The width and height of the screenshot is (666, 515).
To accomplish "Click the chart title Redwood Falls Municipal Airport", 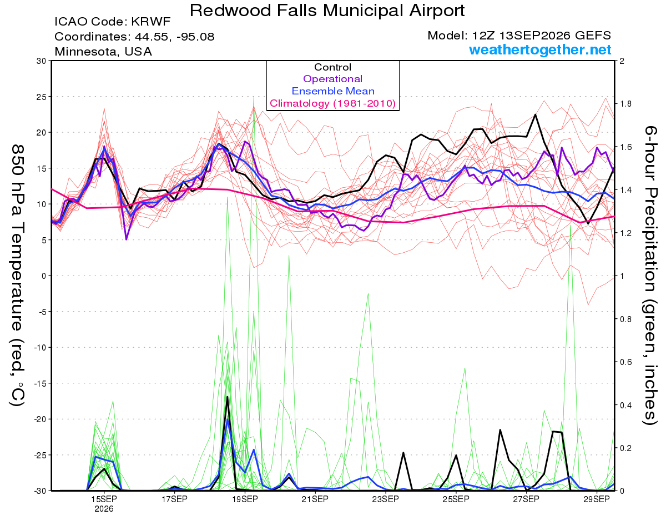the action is point(327,11).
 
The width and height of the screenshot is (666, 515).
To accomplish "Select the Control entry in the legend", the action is point(332,67).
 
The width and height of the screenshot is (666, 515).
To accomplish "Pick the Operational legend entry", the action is point(332,79).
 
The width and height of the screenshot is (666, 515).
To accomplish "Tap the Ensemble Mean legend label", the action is point(333,91).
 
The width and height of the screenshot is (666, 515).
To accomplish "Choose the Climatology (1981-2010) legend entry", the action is point(333,103).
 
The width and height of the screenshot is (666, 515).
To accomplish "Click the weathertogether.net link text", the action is point(540,49).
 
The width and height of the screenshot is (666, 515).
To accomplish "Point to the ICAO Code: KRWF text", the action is point(113,22).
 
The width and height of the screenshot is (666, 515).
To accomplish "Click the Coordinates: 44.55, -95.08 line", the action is point(134,37).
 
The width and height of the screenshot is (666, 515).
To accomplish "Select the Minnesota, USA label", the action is point(103,51).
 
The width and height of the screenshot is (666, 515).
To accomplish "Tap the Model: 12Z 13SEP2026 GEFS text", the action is point(519,35).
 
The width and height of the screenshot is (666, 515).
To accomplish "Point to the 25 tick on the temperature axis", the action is point(42,97).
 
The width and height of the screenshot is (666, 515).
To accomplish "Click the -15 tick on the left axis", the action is point(40,383).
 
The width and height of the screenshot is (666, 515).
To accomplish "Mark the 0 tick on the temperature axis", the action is point(44,276).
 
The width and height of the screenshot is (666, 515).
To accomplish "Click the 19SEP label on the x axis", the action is point(245,499).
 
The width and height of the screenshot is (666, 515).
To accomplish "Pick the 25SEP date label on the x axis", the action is point(456,499).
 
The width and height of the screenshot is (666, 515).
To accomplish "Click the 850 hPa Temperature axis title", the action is point(17,276).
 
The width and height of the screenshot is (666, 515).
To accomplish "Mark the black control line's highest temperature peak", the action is point(535,114).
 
